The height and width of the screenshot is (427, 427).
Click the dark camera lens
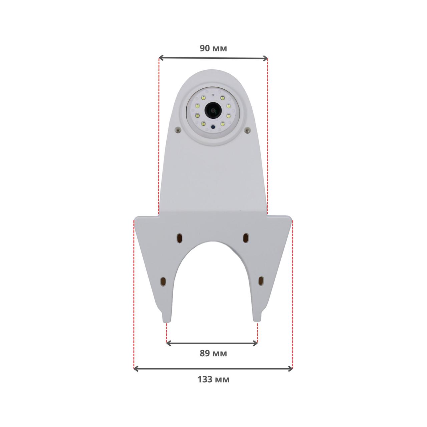pos(212,110)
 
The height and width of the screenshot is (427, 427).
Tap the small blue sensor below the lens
pos(213,127)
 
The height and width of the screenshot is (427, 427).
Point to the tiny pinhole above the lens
pos(213,95)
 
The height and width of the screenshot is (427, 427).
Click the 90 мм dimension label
pos(213,48)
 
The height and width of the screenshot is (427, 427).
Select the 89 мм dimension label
pos(213,353)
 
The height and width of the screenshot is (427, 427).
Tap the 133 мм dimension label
pos(213,380)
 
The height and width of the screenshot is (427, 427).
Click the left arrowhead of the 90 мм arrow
pos(161,58)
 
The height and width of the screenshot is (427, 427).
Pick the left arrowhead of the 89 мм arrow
pos(169,344)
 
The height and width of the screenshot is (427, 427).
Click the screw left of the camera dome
pos(177,131)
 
